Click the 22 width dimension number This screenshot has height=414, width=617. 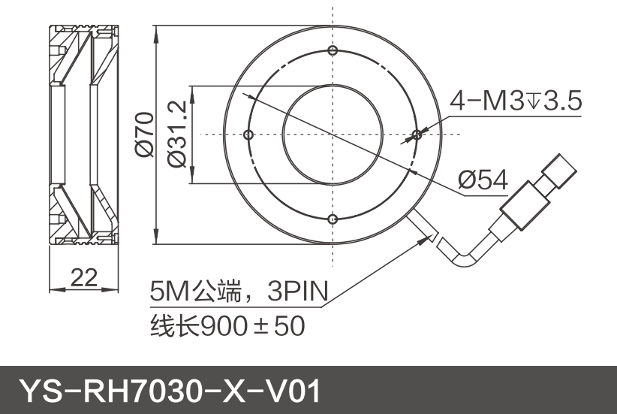(x=84, y=277)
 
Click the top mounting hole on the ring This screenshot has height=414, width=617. (x=332, y=50)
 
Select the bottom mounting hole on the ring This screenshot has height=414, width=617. (x=332, y=219)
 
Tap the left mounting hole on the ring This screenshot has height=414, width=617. (x=248, y=134)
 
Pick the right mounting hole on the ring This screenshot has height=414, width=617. (x=416, y=134)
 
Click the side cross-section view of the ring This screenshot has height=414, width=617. (x=83, y=134)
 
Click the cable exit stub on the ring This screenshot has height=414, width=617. (x=420, y=225)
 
